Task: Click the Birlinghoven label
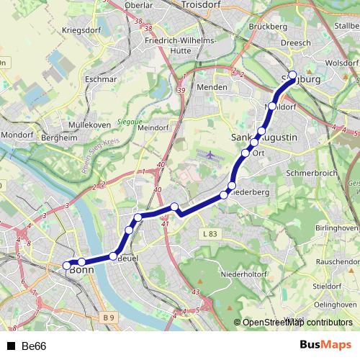click(x=336, y=228)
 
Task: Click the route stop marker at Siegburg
click(x=292, y=74)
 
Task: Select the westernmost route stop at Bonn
click(x=67, y=265)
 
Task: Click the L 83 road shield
click(x=210, y=235)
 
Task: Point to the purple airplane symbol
click(x=210, y=155)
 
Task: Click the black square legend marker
click(x=11, y=346)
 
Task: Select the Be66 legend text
click(x=34, y=346)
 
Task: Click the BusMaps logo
click(x=325, y=346)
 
